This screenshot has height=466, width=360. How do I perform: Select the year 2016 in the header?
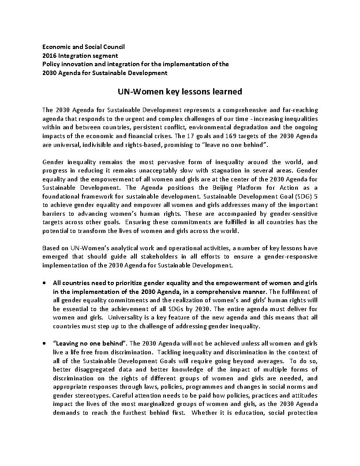(50, 56)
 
